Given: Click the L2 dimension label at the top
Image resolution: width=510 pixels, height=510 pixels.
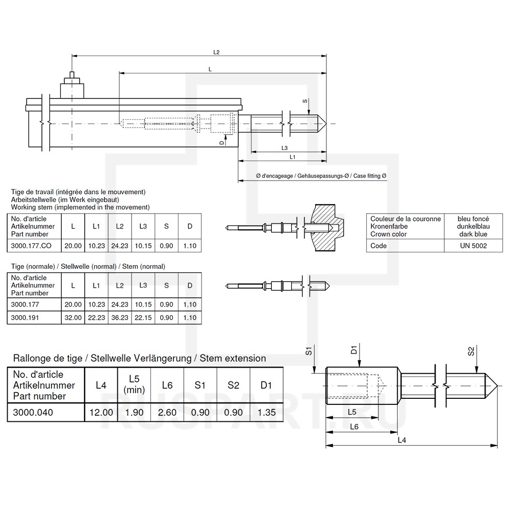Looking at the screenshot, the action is [216, 52].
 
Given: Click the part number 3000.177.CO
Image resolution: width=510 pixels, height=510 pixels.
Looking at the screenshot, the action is [31, 246].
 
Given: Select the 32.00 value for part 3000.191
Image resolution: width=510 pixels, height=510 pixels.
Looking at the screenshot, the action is [73, 317].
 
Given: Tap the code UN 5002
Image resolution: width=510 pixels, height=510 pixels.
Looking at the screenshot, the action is [473, 246].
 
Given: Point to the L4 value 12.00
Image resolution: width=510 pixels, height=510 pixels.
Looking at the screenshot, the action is [101, 413].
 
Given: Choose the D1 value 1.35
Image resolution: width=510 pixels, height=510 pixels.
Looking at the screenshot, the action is [266, 413].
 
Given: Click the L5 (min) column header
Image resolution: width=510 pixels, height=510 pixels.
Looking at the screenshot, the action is [134, 384].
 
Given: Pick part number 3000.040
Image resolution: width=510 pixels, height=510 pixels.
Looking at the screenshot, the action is [33, 413].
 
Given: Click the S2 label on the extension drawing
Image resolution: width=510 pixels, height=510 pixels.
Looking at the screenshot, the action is [471, 351].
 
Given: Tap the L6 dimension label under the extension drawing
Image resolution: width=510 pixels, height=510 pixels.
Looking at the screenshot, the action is [354, 426].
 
